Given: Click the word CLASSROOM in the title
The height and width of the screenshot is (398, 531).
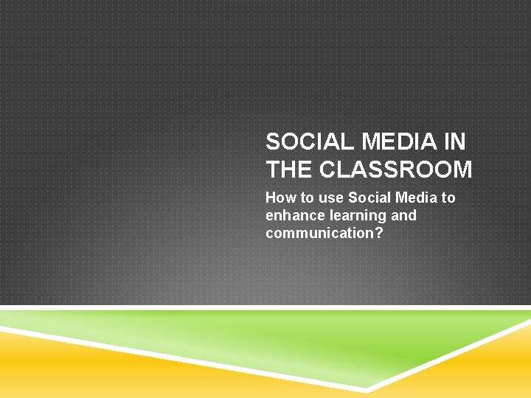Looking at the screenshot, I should (396, 170).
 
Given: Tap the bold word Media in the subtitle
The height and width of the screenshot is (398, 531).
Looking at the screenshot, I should (416, 198).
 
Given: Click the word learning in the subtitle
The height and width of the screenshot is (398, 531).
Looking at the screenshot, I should (358, 215).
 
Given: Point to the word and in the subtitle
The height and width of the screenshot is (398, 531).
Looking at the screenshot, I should (403, 215).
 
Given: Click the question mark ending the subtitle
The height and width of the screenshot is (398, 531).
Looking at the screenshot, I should (382, 233).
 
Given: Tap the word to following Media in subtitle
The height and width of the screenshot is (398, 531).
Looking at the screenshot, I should (448, 198).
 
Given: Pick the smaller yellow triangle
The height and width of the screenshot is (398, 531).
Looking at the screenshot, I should (487, 372).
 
